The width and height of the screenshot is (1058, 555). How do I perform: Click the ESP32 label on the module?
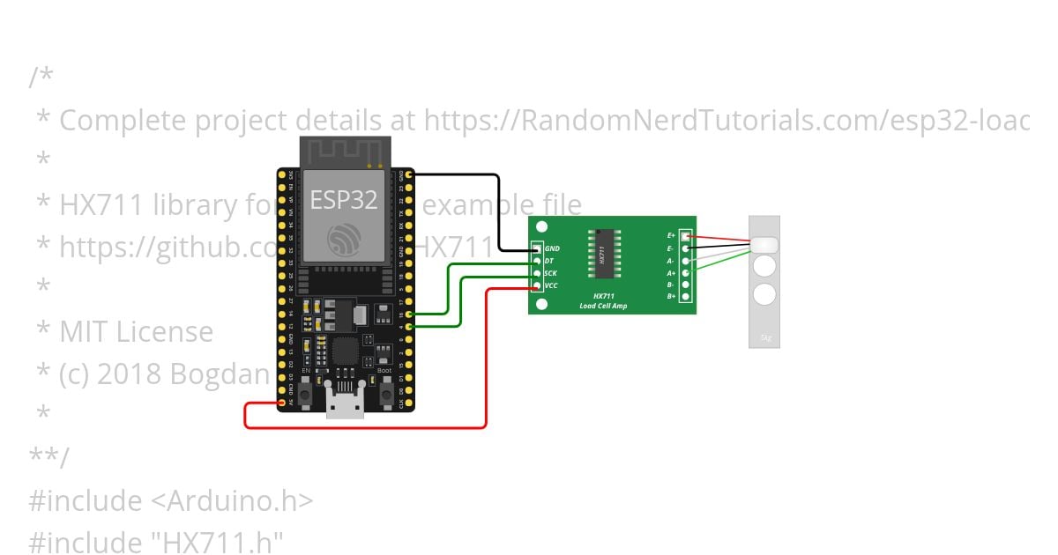pyautogui.click(x=344, y=200)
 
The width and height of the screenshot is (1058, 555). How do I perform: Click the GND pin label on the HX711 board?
pyautogui.click(x=553, y=248)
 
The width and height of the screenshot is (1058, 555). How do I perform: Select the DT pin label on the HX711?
pyautogui.click(x=549, y=261)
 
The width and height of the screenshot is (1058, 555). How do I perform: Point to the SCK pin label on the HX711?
pyautogui.click(x=550, y=273)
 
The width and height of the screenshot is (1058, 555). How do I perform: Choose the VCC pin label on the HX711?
pyautogui.click(x=551, y=285)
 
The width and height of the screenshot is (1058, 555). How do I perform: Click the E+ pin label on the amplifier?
pyautogui.click(x=672, y=236)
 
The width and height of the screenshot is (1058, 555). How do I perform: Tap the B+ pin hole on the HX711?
pyautogui.click(x=685, y=296)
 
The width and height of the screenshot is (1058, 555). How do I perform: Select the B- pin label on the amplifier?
pyautogui.click(x=672, y=285)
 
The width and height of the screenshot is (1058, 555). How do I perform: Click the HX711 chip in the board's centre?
pyautogui.click(x=604, y=253)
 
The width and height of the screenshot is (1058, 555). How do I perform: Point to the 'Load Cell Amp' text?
pyautogui.click(x=604, y=306)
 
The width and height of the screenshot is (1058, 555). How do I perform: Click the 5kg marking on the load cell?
pyautogui.click(x=764, y=337)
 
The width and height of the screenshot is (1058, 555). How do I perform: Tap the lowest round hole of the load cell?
pyautogui.click(x=764, y=294)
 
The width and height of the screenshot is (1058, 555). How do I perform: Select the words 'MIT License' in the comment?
pyautogui.click(x=137, y=332)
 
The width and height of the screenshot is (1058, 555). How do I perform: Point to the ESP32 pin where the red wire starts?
pyautogui.click(x=282, y=403)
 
